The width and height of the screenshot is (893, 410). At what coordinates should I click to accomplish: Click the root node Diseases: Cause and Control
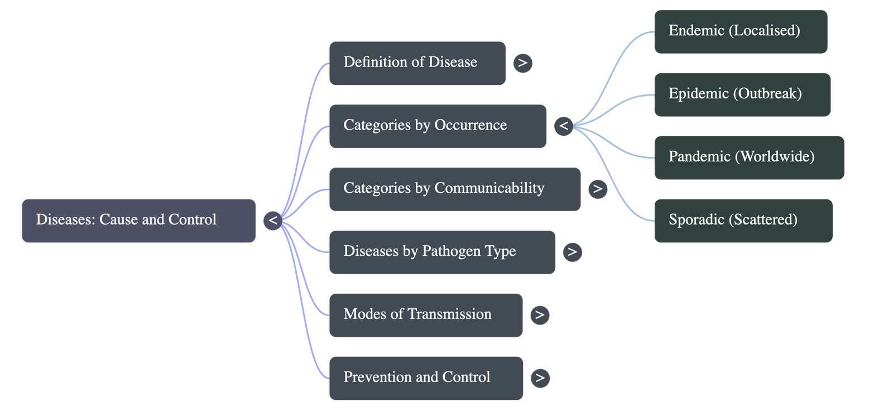[138, 220]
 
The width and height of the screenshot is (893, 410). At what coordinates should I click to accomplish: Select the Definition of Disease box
[417, 63]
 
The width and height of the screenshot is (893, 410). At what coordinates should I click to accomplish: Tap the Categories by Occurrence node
[438, 126]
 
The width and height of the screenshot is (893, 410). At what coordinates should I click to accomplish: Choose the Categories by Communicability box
[454, 189]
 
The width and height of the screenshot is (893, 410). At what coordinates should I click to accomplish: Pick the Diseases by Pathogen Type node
[442, 252]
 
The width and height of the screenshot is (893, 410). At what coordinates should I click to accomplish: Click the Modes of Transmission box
[426, 314]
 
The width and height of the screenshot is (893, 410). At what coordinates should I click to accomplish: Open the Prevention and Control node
[426, 378]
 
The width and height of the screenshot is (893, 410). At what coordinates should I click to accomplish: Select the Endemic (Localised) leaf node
[740, 31]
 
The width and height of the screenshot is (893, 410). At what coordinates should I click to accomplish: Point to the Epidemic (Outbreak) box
[742, 94]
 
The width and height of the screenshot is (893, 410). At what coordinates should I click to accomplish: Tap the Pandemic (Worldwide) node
[748, 157]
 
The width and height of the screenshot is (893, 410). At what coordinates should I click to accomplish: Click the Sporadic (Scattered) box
[743, 220]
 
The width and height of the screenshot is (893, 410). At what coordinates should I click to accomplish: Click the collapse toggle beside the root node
[273, 220]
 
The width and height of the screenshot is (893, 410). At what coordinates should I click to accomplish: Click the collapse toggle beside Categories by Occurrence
[564, 126]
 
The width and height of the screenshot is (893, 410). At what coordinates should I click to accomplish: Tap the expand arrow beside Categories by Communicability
[598, 189]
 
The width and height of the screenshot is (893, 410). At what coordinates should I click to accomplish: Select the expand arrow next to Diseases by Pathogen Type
[572, 252]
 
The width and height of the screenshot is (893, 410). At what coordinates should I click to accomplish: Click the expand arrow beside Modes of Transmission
[540, 315]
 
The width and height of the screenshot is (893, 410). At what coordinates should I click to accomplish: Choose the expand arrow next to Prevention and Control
[540, 378]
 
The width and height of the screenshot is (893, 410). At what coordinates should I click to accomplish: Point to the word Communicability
[489, 189]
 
